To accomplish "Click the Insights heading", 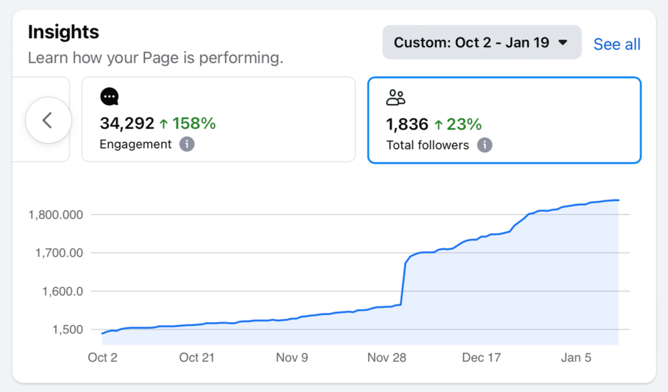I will pos(63,32).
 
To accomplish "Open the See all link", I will pos(617,44).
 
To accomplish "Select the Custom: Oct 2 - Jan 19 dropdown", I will pos(481,43).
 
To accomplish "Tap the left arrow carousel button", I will pos(48,120).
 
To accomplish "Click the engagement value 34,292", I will pos(126,123).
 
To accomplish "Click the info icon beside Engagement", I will pos(187,144).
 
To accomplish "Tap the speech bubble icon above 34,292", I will pos(110,97).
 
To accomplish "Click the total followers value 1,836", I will pos(407,124).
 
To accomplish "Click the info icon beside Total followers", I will pos(484,145).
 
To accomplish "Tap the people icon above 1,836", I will pos(396,97).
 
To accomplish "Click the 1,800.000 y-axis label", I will pos(55,214).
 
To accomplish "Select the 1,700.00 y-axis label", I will pos(59,253).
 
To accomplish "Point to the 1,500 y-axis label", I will pos(68,330).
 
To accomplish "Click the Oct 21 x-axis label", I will pos(197,358).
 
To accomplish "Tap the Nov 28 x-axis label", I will pos(387,358).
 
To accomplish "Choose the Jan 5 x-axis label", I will pos(576,358).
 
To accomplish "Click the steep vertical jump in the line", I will pos(403,283).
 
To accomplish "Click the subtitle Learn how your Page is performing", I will pos(156,58).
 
